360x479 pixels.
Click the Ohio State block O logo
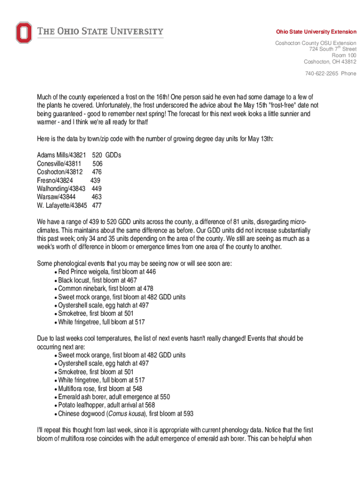coord(23,33)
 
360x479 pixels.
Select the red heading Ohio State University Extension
coord(316,32)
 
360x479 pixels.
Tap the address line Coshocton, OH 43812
coord(330,61)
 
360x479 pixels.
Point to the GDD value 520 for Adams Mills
coord(97,155)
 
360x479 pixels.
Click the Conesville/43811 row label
coord(59,163)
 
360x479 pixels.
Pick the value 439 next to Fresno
coord(95,180)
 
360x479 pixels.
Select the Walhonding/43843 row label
coord(61,189)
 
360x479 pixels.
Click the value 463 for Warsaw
coord(96,197)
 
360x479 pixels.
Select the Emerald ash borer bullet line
coord(114,397)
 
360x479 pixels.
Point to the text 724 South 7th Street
coord(332,49)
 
